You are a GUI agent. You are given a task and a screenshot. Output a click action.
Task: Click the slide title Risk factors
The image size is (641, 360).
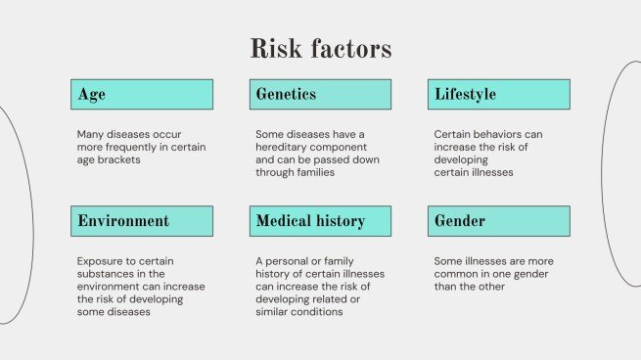[x=320, y=48]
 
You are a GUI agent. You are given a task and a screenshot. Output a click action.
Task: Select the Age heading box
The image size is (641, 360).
[x=142, y=95]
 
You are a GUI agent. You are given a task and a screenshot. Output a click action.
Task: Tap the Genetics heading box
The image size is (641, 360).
[x=320, y=95]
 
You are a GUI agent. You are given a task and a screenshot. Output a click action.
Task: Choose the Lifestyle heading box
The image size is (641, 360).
[x=499, y=95]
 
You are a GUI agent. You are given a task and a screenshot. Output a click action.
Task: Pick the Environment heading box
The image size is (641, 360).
[x=142, y=221]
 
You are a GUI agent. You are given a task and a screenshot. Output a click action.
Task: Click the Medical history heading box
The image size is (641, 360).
[x=320, y=221]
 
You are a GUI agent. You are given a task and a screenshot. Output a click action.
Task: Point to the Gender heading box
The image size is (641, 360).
[x=499, y=221]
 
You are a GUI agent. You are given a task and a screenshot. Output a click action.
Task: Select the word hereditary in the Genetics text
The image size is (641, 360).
[x=285, y=147]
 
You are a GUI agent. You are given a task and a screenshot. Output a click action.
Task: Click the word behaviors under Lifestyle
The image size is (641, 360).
[x=501, y=134]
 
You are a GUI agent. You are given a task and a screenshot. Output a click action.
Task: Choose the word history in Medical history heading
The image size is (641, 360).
[x=339, y=221]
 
